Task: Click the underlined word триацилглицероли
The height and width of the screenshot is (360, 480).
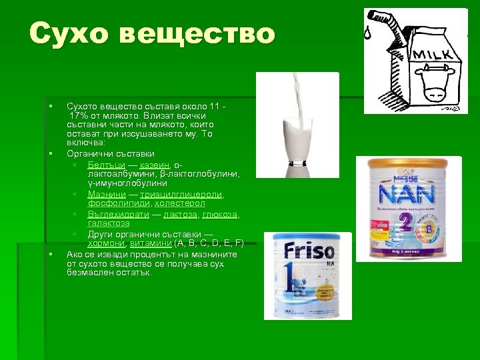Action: point(181,194)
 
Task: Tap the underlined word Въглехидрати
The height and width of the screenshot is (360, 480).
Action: point(118,214)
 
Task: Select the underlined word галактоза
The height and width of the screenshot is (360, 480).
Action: point(109,223)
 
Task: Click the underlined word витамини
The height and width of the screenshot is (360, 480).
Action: point(151,243)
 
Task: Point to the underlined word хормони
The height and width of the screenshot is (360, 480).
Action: point(106,243)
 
